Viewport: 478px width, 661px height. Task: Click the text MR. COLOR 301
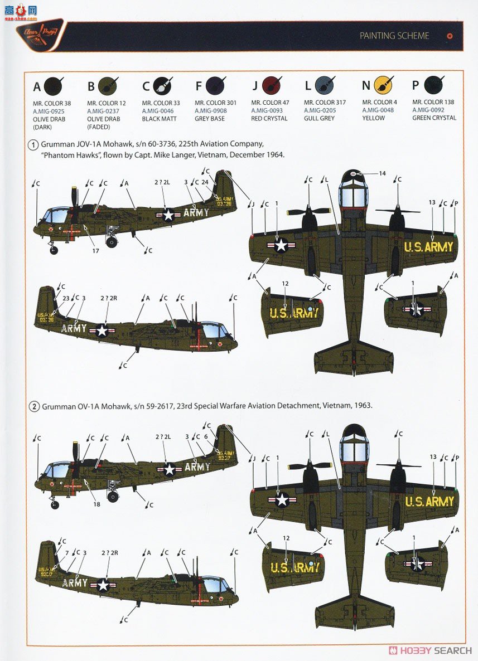click(215, 103)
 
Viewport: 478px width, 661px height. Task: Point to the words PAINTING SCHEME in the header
click(394, 36)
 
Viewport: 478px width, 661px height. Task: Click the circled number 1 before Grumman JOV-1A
click(33, 145)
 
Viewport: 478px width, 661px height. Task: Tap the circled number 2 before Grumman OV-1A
click(33, 406)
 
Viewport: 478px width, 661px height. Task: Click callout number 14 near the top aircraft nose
click(382, 174)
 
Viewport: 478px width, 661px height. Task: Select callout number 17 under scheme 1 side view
click(96, 251)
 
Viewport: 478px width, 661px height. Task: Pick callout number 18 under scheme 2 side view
click(97, 504)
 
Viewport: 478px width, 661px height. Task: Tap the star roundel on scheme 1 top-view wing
click(281, 245)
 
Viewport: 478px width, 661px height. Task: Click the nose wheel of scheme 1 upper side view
click(54, 251)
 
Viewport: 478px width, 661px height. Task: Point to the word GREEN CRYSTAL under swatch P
click(434, 118)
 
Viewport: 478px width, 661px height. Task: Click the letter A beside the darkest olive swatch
click(37, 86)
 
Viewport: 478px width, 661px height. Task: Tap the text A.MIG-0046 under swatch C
click(157, 111)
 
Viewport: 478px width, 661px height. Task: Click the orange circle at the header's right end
click(450, 36)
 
